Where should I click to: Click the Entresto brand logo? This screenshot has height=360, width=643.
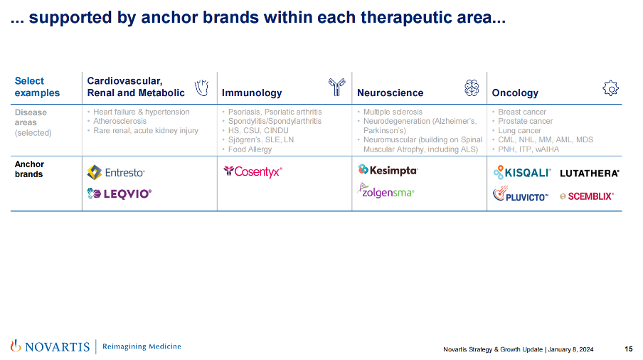click(116, 173)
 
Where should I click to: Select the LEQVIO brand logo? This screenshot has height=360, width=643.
click(119, 194)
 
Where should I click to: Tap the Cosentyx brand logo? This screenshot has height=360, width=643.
click(253, 171)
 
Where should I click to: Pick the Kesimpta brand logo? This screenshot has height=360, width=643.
click(388, 170)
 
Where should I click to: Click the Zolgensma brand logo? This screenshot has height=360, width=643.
click(386, 191)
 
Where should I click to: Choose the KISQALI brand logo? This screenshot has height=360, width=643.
click(522, 172)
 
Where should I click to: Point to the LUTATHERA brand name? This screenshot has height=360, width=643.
click(589, 174)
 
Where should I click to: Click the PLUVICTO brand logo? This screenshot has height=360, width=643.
click(521, 194)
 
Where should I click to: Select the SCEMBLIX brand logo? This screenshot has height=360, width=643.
click(587, 196)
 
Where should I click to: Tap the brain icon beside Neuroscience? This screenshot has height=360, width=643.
click(472, 88)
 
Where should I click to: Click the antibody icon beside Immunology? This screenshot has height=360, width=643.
click(336, 87)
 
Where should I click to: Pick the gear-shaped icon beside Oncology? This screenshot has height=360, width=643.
click(610, 88)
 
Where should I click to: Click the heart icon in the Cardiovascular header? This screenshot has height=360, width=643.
click(202, 88)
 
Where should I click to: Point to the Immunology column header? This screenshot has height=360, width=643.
click(252, 93)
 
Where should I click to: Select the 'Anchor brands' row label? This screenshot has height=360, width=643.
click(29, 169)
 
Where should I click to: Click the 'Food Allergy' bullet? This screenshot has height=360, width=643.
click(250, 149)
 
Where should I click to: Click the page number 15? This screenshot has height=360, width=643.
click(629, 349)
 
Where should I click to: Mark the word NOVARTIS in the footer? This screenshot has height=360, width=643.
click(57, 347)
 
